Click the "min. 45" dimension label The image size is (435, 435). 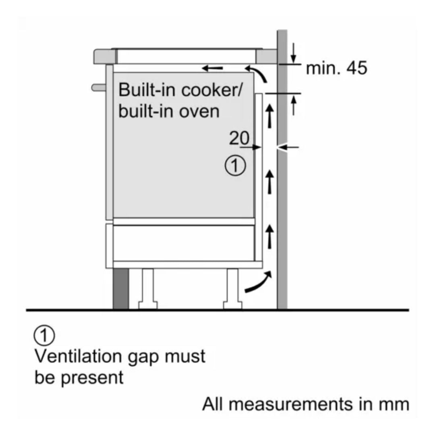[337, 68]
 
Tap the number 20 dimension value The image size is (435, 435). [239, 139]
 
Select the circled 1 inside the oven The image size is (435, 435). [235, 166]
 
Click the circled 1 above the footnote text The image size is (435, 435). [45, 336]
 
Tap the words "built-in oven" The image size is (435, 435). [169, 111]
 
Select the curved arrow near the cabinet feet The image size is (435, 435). [258, 282]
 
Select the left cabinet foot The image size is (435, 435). [147, 289]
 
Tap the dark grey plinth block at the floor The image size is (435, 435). [120, 289]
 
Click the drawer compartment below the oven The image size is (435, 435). [183, 242]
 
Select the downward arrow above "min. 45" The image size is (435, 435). [294, 52]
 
